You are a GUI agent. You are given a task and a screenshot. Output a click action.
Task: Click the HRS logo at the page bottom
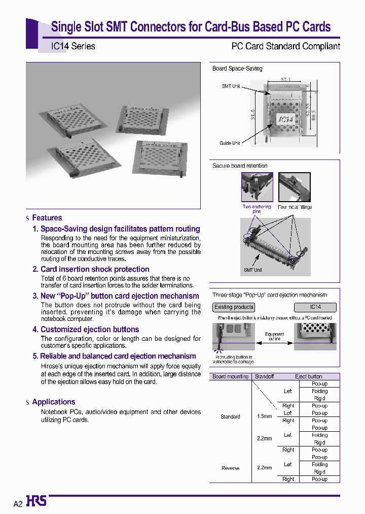click(36, 501)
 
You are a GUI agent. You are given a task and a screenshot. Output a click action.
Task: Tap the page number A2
click(18, 504)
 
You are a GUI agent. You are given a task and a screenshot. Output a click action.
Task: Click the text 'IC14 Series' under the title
click(73, 46)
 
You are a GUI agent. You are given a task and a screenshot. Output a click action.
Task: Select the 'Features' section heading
click(47, 218)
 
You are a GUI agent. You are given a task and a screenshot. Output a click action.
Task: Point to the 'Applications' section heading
click(53, 402)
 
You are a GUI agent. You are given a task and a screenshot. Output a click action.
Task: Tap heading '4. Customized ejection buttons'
click(86, 329)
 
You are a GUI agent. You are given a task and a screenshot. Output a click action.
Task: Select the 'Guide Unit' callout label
click(230, 143)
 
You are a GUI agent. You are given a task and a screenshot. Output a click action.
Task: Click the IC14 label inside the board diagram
click(286, 119)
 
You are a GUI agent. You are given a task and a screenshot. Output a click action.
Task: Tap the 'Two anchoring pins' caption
click(257, 209)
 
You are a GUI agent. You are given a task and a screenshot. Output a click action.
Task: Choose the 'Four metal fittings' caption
click(295, 207)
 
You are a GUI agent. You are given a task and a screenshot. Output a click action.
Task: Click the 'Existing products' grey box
click(234, 307)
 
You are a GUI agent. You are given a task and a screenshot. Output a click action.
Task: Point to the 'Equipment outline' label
click(275, 336)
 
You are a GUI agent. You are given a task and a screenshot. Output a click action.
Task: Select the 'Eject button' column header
click(308, 376)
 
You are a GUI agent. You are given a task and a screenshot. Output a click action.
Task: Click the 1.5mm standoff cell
click(264, 416)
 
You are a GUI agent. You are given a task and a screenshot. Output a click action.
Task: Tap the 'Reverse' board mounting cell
click(230, 468)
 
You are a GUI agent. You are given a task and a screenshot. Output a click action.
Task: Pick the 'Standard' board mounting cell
click(230, 416)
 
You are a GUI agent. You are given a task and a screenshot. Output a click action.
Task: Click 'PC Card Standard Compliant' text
click(285, 46)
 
